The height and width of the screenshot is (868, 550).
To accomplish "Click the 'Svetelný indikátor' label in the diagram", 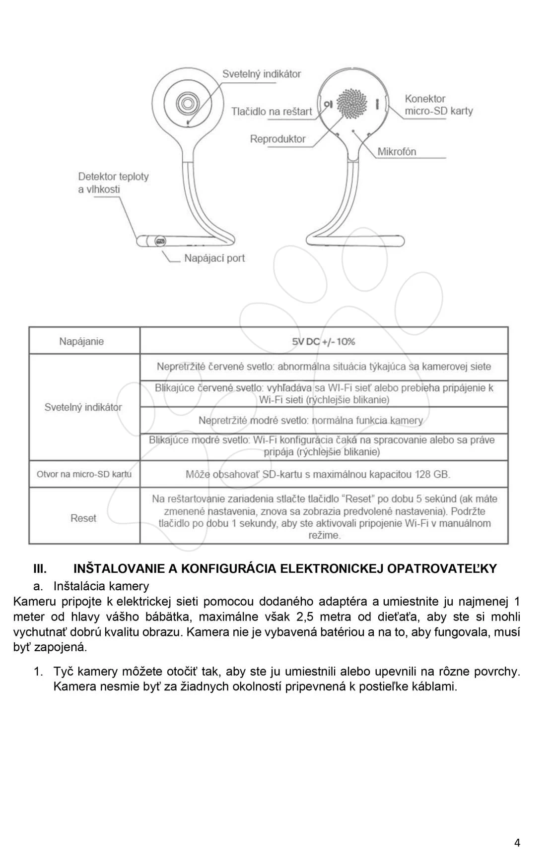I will [261, 74].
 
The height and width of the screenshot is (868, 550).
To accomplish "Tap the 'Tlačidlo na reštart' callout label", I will [271, 112].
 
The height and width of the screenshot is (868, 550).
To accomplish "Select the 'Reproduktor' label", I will [277, 139].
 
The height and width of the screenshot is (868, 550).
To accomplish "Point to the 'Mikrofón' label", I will [396, 152].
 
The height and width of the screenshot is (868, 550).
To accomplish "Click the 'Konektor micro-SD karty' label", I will [438, 105].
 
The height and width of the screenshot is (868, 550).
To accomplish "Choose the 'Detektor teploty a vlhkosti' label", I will [113, 183].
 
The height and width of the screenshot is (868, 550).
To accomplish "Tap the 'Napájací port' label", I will [214, 258].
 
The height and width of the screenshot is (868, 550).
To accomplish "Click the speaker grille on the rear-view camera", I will [351, 104].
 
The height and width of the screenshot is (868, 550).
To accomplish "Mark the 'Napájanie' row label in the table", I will [81, 341].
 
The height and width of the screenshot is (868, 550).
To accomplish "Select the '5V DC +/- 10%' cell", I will [324, 341].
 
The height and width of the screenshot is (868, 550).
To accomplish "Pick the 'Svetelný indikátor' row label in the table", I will [83, 407].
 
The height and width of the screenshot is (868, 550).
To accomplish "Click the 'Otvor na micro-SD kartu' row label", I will [84, 474].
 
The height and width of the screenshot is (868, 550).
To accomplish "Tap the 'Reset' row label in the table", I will [83, 518].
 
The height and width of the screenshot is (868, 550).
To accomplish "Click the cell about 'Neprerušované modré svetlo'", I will [311, 421].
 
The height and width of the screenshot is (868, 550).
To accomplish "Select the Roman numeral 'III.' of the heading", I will [40, 568].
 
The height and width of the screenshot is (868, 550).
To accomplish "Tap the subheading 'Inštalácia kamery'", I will [101, 586].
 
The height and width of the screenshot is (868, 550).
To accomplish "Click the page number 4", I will [517, 843].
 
